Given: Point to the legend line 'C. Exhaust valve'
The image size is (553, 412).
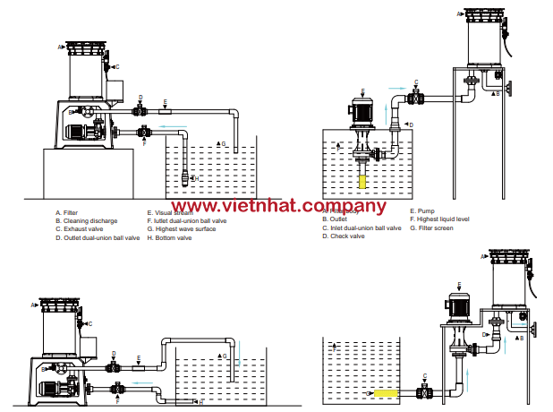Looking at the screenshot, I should [x=79, y=229].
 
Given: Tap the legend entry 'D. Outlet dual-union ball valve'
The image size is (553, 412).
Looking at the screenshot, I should [x=98, y=238].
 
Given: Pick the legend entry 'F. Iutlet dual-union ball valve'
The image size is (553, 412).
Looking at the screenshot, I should [x=189, y=221].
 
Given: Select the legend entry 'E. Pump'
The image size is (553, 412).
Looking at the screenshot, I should [x=421, y=212].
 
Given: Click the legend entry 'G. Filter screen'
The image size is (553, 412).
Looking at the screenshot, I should [x=433, y=228].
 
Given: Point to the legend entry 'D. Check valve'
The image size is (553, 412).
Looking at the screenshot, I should [x=345, y=236].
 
